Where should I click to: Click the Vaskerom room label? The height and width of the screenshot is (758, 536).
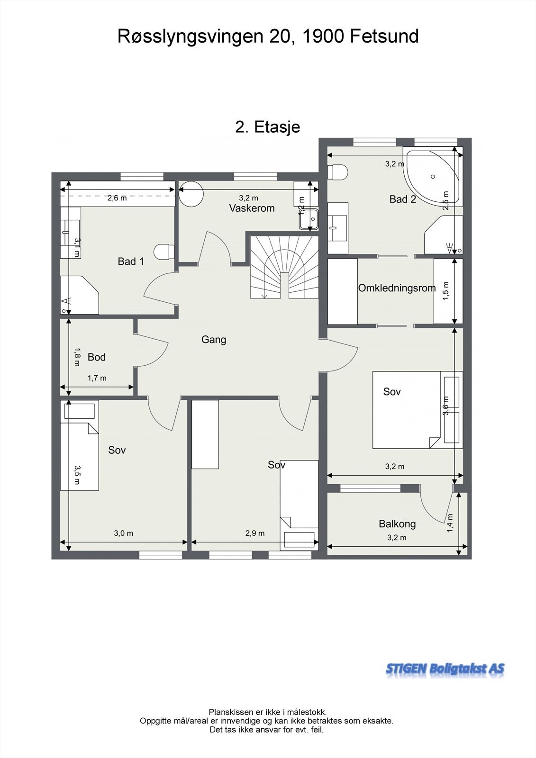pos(252,208)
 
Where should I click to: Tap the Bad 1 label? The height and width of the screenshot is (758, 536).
pos(131,261)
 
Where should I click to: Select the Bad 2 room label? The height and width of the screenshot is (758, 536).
pos(403,199)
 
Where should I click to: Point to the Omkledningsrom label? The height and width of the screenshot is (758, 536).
pos(397,288)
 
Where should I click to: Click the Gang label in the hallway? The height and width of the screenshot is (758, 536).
pos(214,339)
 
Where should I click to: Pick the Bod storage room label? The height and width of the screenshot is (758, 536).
pos(97,357)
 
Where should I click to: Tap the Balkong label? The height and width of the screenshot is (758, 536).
pos(397,524)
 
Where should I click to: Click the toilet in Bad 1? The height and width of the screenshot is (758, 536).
pos(164,252)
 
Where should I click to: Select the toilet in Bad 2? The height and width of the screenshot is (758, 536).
pos(338,171)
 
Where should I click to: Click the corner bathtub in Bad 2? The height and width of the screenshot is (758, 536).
pos(432,176)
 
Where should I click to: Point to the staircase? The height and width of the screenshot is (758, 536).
pos(284,267)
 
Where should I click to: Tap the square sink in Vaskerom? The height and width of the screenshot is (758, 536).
pos(309,218)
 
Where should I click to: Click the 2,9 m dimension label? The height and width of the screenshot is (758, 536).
pos(255,533)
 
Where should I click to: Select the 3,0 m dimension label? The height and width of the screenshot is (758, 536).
pos(124,533)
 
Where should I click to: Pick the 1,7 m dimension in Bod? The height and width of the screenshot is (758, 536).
pos(97,378)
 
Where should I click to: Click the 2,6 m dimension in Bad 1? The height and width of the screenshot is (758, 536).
pos(117,199)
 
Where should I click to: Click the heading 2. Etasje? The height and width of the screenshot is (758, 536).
pos(268,127)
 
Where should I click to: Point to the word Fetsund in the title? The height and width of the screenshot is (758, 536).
pos(384,36)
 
